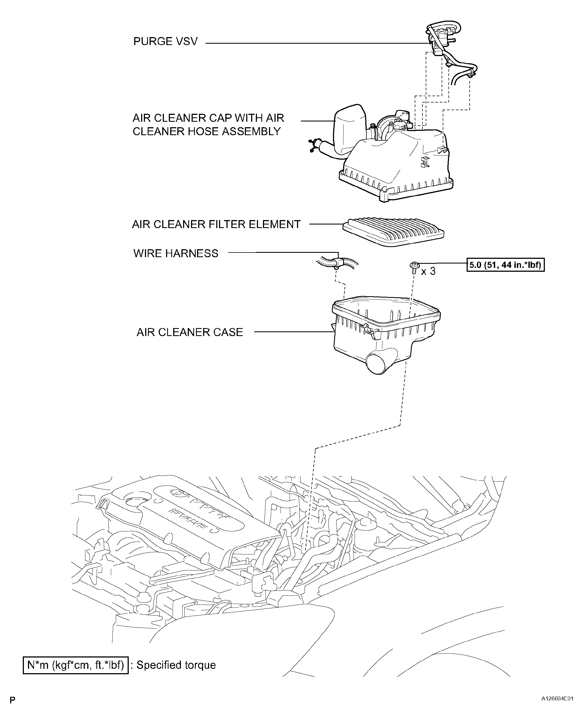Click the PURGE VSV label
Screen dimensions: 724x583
(165, 42)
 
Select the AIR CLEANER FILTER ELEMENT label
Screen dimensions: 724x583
(216, 224)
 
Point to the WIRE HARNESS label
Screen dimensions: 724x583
(176, 253)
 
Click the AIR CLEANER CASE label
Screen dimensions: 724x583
(189, 332)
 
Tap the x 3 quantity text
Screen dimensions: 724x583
(428, 271)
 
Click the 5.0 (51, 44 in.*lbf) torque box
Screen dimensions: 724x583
(505, 265)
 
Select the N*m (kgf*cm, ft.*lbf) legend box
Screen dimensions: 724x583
(75, 665)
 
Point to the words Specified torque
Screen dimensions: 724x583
(176, 665)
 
